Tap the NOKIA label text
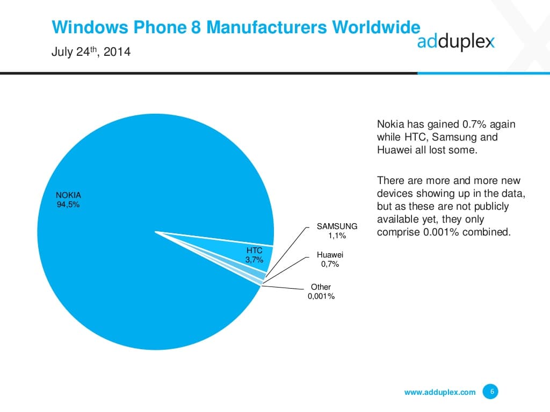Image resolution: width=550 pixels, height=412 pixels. (x=68, y=195)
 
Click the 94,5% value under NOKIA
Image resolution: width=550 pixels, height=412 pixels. (x=68, y=204)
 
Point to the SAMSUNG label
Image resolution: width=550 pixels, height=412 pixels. (x=337, y=226)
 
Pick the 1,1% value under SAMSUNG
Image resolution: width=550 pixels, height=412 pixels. (x=337, y=236)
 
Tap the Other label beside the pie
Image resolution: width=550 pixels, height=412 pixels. (x=321, y=287)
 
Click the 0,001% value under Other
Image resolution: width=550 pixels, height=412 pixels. (x=321, y=296)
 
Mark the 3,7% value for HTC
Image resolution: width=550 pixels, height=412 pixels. (x=254, y=260)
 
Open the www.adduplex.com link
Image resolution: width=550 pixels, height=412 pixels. (x=439, y=392)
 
